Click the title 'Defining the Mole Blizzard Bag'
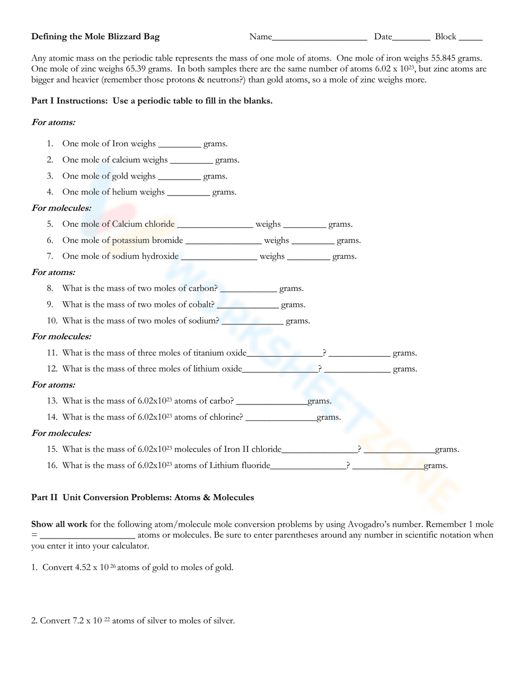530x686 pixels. pyautogui.click(x=95, y=37)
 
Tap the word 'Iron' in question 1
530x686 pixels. pyautogui.click(x=120, y=144)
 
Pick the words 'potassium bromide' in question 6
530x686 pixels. pyautogui.click(x=147, y=240)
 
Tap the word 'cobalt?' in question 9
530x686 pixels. pyautogui.click(x=201, y=304)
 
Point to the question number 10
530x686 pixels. pyautogui.click(x=52, y=321)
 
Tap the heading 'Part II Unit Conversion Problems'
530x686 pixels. pyautogui.click(x=143, y=497)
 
